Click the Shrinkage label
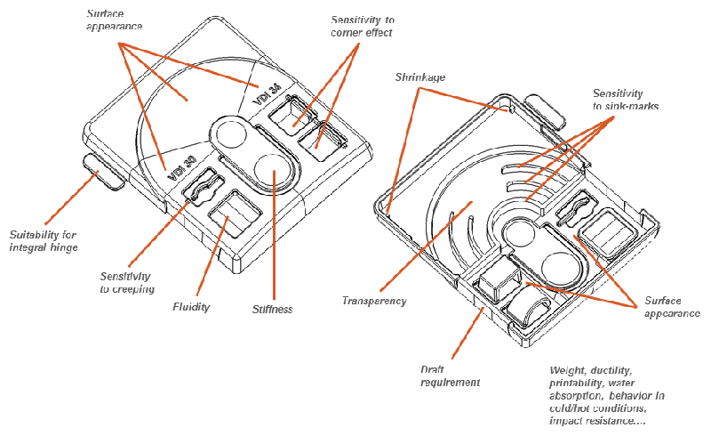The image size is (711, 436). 419,78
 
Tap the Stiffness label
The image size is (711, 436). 272,310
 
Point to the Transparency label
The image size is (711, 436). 374,301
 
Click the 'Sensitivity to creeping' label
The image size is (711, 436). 128,282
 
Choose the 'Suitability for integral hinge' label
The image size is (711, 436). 42,242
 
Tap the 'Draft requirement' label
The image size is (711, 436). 450,375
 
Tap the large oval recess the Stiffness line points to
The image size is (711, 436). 273,168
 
